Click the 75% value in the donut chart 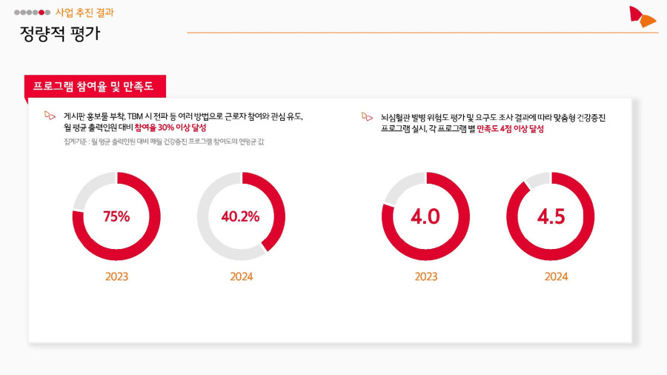(x=116, y=216)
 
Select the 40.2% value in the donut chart (x=241, y=216)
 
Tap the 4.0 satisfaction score (x=425, y=216)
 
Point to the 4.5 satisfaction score (x=551, y=216)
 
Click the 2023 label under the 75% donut (x=116, y=276)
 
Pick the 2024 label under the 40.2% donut (x=241, y=276)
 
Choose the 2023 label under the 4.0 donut (x=425, y=276)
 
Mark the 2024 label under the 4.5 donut (x=556, y=276)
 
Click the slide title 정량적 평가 (x=60, y=34)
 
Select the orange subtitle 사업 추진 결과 (x=84, y=13)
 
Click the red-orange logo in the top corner (x=641, y=16)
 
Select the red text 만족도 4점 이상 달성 (x=511, y=128)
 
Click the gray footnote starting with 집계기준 (x=164, y=142)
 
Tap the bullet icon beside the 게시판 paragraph (x=50, y=116)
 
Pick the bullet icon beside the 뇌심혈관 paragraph (x=367, y=116)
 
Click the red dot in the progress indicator (x=42, y=13)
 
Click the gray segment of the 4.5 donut (x=537, y=180)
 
